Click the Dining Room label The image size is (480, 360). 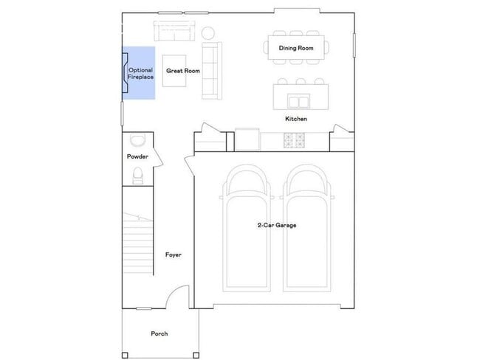pyautogui.click(x=296, y=48)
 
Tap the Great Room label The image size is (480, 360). pyautogui.click(x=183, y=72)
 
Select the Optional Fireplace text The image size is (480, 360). pyautogui.click(x=141, y=73)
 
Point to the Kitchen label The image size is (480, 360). pyautogui.click(x=296, y=119)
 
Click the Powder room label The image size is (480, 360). pyautogui.click(x=137, y=157)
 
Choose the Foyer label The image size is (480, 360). pyautogui.click(x=174, y=255)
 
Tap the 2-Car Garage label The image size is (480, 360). pyautogui.click(x=277, y=226)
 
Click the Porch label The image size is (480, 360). pyautogui.click(x=159, y=333)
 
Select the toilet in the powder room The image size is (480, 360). pyautogui.click(x=137, y=175)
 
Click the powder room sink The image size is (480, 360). pyautogui.click(x=137, y=140)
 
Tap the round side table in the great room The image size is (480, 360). pyautogui.click(x=209, y=32)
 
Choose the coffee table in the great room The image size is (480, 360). pyautogui.click(x=176, y=72)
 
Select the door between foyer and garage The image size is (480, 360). pyautogui.click(x=189, y=166)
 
